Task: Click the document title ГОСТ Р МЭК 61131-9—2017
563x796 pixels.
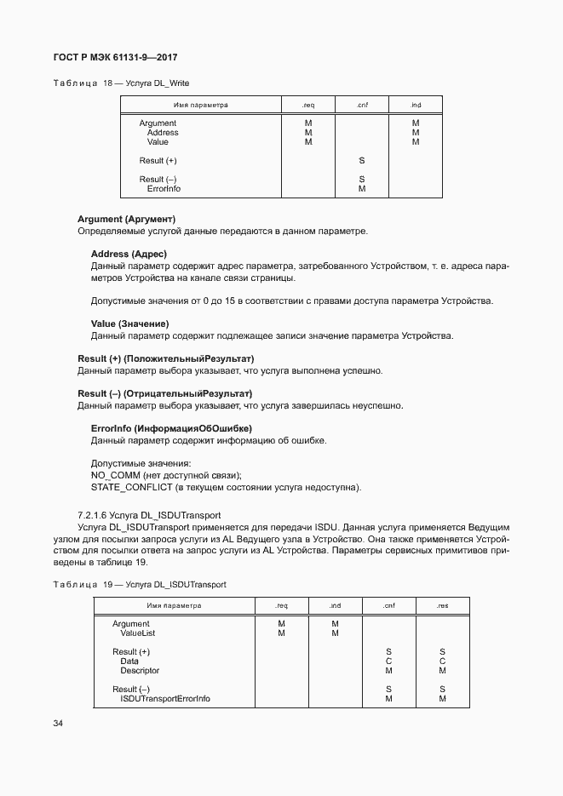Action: (115, 58)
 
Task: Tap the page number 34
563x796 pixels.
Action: (58, 724)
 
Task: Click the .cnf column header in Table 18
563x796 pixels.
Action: (361, 106)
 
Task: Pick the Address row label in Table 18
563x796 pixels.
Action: (163, 133)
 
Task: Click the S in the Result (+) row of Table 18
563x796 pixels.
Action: (362, 161)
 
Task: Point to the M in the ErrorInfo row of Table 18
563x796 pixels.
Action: (362, 189)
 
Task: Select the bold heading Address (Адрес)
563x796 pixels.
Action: (129, 254)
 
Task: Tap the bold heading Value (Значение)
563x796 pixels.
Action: (129, 324)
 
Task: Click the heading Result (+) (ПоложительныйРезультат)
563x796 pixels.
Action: (165, 358)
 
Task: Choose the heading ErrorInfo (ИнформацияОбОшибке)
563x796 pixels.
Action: (171, 427)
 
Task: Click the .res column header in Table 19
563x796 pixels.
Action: (442, 606)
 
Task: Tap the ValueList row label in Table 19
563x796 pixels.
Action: (138, 633)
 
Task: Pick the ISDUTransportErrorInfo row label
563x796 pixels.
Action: (165, 699)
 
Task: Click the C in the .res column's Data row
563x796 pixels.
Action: (442, 661)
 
